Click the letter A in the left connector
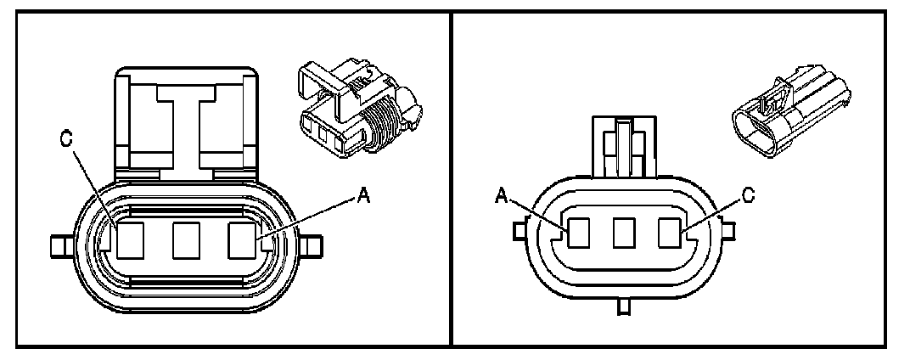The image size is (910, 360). click(x=364, y=194)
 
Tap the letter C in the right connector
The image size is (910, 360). click(x=746, y=194)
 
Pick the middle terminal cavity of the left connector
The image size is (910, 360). click(x=186, y=241)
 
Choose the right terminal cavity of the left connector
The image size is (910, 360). click(x=243, y=241)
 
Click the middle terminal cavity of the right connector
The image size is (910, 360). click(x=625, y=233)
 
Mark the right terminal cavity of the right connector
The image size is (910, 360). click(x=669, y=233)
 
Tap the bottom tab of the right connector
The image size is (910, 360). click(x=624, y=306)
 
